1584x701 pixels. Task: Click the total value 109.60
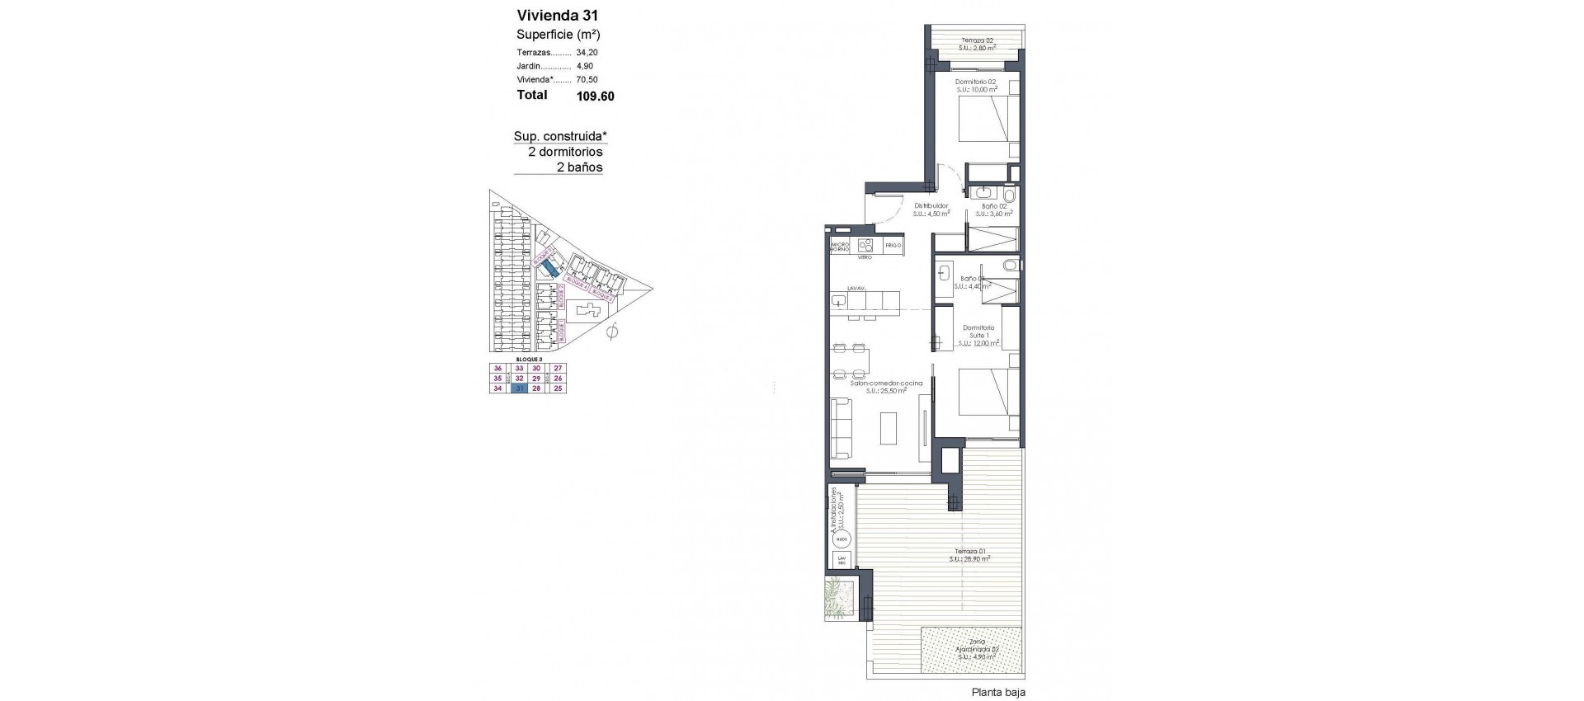coord(595,96)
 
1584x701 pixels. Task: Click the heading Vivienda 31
coord(557,15)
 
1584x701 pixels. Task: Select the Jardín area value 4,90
coord(584,66)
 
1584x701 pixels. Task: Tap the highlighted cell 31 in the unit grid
coord(520,388)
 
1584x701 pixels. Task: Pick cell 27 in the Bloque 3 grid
coord(558,369)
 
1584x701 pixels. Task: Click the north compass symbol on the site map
coord(611,333)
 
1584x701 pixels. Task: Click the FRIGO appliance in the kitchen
coord(893,245)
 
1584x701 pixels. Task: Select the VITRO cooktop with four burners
coord(865,245)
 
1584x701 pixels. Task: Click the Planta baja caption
coord(998,693)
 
